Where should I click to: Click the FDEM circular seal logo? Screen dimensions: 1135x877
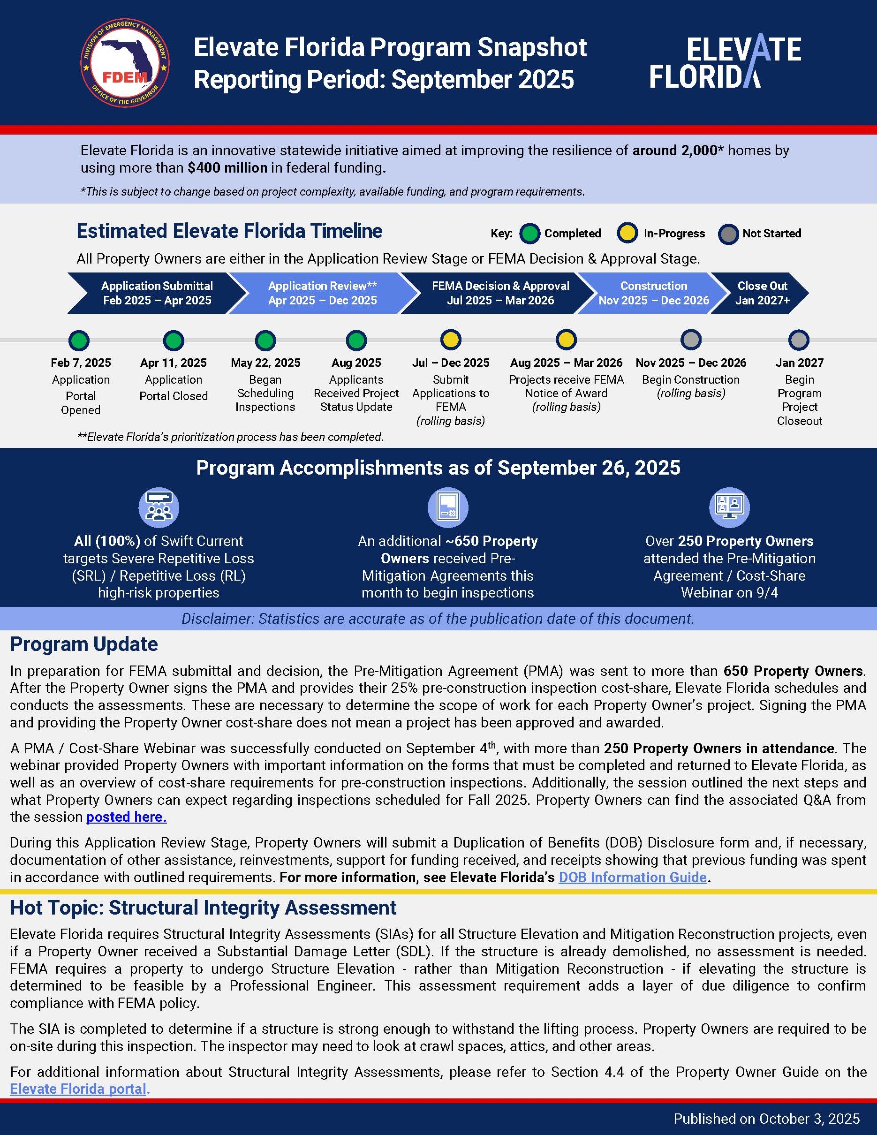pyautogui.click(x=125, y=63)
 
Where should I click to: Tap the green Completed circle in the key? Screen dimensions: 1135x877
pyautogui.click(x=530, y=234)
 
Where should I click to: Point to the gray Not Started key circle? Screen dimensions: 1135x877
pyautogui.click(x=728, y=234)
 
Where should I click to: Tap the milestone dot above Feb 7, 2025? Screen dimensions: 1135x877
pyautogui.click(x=79, y=341)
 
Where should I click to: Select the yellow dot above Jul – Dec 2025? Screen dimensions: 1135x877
pyautogui.click(x=450, y=340)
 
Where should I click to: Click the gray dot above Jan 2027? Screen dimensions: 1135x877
pyautogui.click(x=799, y=340)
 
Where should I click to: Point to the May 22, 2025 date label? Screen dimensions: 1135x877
pyautogui.click(x=265, y=363)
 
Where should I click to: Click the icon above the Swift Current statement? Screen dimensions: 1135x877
pyautogui.click(x=159, y=507)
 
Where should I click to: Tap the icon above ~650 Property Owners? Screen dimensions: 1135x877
pyautogui.click(x=447, y=507)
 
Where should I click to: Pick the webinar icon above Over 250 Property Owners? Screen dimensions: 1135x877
pyautogui.click(x=729, y=507)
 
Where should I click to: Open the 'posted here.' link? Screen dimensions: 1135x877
pyautogui.click(x=126, y=817)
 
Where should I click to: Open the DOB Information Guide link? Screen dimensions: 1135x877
pyautogui.click(x=632, y=878)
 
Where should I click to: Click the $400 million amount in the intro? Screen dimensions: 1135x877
pyautogui.click(x=227, y=168)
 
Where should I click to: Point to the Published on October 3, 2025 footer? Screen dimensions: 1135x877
pyautogui.click(x=766, y=1119)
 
